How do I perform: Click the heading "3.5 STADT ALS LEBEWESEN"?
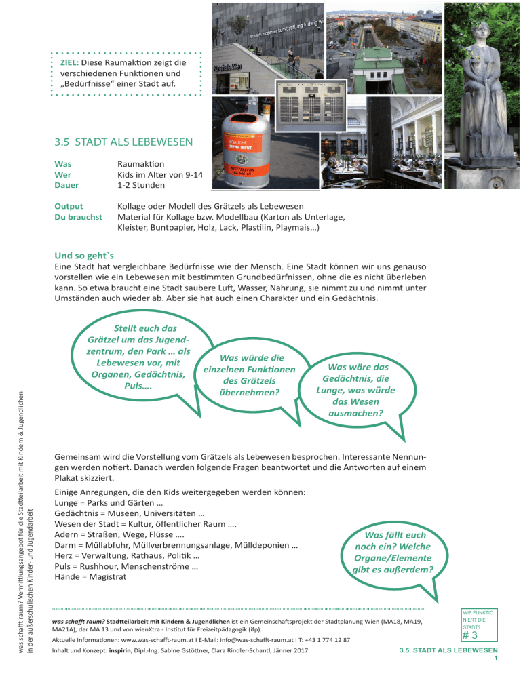(125, 142)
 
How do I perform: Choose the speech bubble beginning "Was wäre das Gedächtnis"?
(355, 389)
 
